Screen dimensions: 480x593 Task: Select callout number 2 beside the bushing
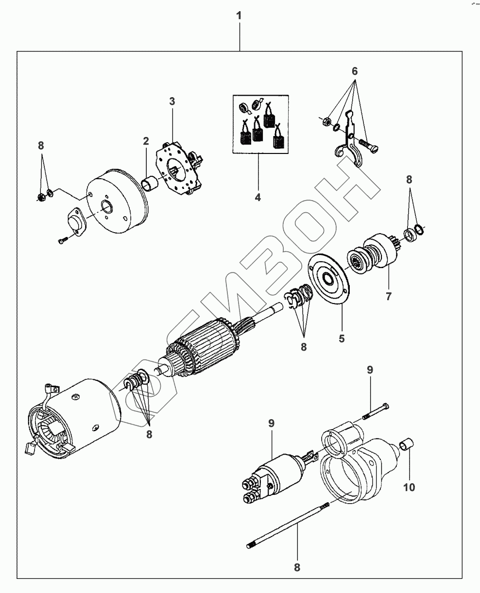[x=146, y=141]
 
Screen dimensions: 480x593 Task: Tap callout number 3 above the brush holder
[x=172, y=101]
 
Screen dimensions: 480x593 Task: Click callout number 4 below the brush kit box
[x=258, y=197]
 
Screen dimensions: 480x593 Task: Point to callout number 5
[x=342, y=338]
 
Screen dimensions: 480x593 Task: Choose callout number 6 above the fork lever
[x=355, y=71]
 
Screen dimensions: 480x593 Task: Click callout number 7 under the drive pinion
[x=388, y=296]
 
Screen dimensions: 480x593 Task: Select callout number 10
[x=410, y=486]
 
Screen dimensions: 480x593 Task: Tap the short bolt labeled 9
[x=376, y=411]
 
